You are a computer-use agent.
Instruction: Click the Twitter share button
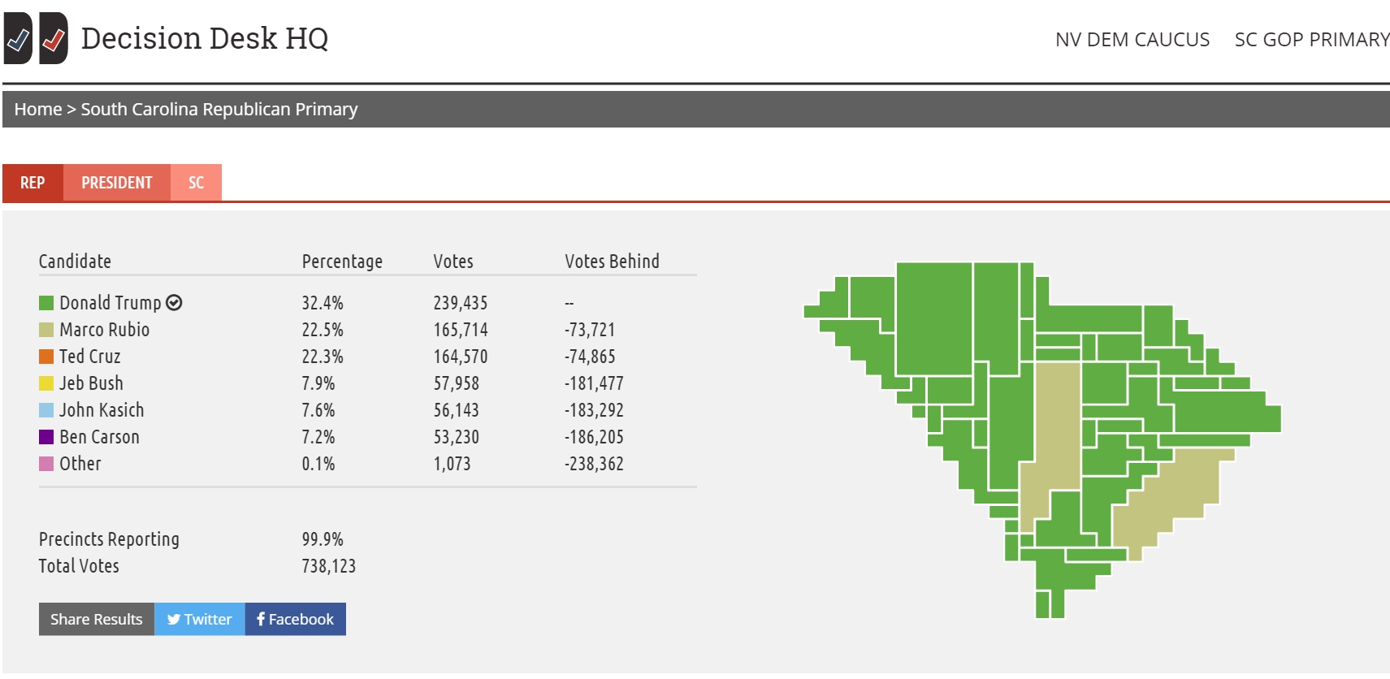tap(199, 619)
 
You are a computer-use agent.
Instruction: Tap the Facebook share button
tap(295, 619)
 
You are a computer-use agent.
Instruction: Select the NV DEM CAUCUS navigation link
tap(1132, 40)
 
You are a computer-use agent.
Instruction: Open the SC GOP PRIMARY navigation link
tap(1311, 40)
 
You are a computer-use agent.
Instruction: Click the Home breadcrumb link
tap(37, 109)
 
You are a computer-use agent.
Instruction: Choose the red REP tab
tap(32, 183)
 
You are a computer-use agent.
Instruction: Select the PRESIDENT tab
tap(117, 183)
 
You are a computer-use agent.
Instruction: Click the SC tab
tap(196, 183)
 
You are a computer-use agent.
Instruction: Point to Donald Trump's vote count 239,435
tap(460, 303)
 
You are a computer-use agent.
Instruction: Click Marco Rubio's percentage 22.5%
tap(323, 330)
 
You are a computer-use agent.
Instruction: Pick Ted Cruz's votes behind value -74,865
tap(590, 357)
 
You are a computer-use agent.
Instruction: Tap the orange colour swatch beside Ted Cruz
tap(46, 357)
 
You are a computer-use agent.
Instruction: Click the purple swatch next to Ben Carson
tap(46, 437)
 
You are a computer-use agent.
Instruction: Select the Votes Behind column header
tap(612, 262)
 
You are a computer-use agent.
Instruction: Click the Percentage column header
tap(342, 262)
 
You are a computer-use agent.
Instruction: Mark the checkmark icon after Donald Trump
tap(174, 303)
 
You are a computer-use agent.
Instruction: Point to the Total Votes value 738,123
tap(328, 566)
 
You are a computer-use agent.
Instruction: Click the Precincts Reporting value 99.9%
tap(323, 539)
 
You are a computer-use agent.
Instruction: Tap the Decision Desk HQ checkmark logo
tap(36, 38)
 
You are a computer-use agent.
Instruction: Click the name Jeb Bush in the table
tap(91, 383)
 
